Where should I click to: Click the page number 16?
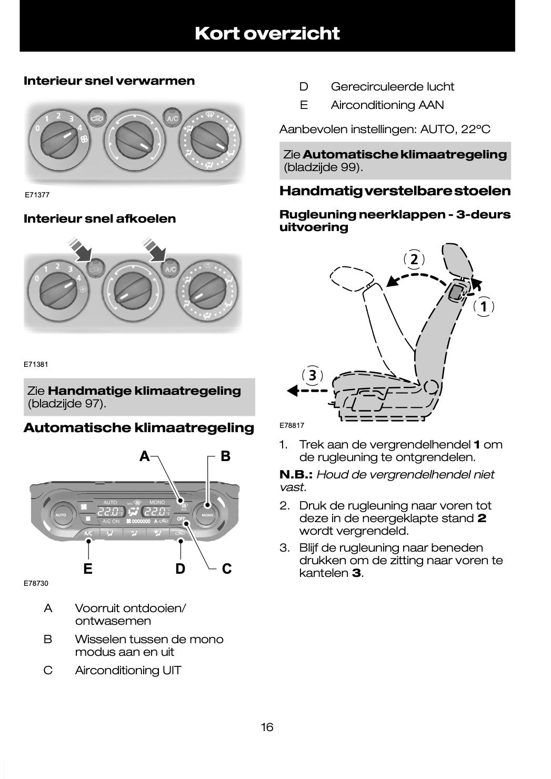click(x=267, y=727)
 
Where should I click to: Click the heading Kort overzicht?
click(x=267, y=34)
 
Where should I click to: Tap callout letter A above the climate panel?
click(x=144, y=456)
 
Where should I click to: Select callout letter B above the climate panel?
click(x=225, y=456)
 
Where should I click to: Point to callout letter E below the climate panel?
click(x=88, y=568)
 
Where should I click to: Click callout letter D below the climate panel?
click(x=181, y=568)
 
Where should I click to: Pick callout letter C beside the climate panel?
click(x=227, y=568)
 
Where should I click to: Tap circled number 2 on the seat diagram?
click(x=414, y=259)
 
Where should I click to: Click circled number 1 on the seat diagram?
click(x=483, y=306)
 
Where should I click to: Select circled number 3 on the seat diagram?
click(x=313, y=375)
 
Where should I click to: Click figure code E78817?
click(x=292, y=425)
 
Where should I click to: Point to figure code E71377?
click(x=37, y=195)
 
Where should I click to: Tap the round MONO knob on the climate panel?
click(x=207, y=515)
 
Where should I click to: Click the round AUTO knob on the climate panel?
click(x=61, y=515)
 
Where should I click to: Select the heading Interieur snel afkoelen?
click(x=100, y=219)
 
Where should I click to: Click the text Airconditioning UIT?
click(x=128, y=671)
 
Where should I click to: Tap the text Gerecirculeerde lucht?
click(x=392, y=87)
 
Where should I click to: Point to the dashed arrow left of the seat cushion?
click(x=308, y=391)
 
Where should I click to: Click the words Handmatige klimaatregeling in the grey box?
click(x=144, y=391)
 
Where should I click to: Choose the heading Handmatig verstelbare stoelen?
click(x=395, y=191)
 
